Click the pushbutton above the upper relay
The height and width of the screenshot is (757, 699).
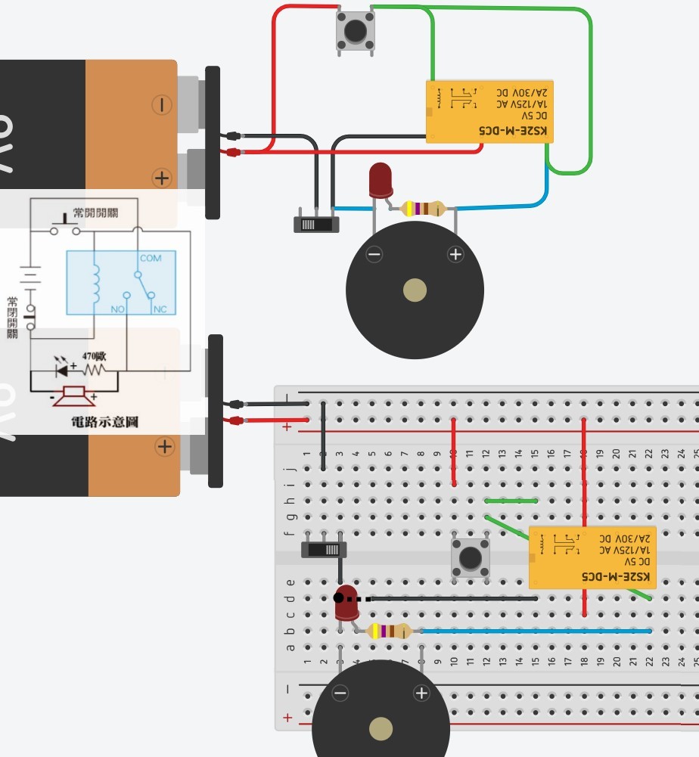(355, 31)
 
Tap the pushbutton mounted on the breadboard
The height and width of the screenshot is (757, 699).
(471, 559)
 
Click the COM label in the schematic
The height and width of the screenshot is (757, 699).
(151, 259)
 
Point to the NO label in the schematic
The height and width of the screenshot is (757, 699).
(117, 310)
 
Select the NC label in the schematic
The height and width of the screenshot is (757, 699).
(160, 310)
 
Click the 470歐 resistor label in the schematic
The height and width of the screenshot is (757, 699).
(94, 356)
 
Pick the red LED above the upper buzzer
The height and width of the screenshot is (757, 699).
(380, 181)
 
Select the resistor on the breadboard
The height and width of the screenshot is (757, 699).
(389, 631)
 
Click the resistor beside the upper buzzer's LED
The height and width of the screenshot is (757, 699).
(424, 208)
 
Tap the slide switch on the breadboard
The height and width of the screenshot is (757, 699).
(324, 549)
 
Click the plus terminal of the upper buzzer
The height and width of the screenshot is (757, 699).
(455, 255)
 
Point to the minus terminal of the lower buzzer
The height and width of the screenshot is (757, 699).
(340, 693)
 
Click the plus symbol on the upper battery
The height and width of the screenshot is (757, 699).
(161, 178)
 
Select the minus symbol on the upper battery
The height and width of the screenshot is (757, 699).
(161, 105)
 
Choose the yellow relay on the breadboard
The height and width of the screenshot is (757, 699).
(592, 557)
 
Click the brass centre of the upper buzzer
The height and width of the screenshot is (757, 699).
(415, 290)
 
